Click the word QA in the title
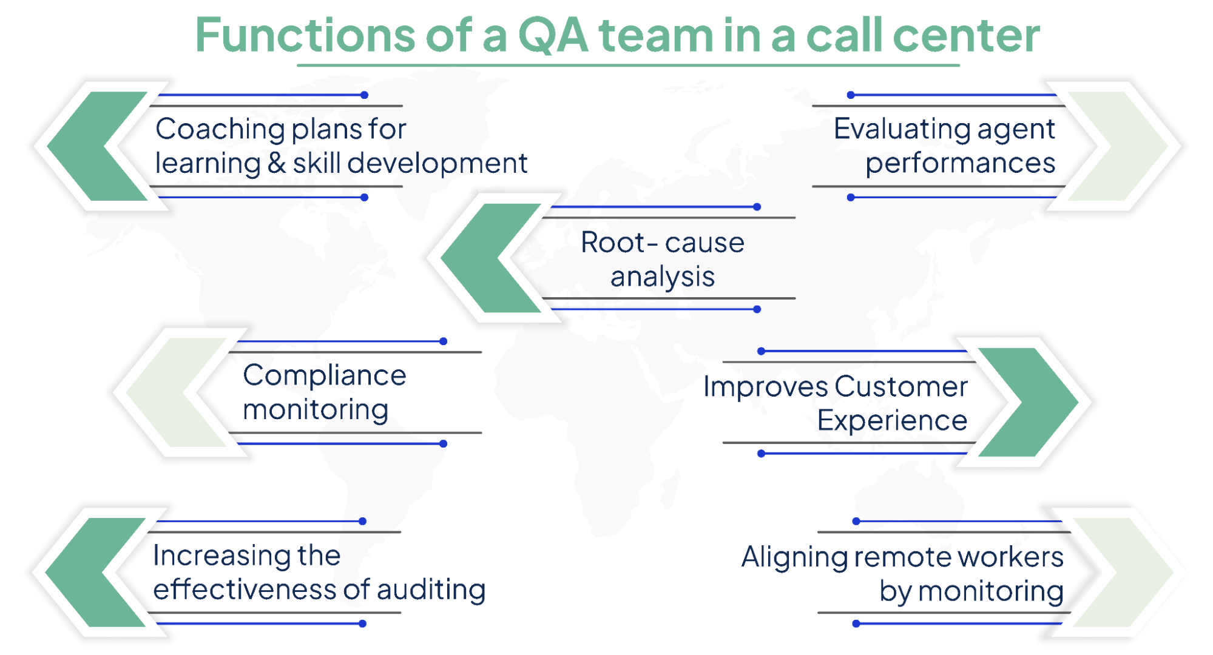[553, 35]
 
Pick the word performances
[960, 163]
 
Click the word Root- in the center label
[619, 243]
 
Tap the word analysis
[662, 277]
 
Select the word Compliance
[324, 375]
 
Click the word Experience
[891, 420]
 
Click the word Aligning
[793, 557]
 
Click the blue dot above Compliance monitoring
[443, 341]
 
